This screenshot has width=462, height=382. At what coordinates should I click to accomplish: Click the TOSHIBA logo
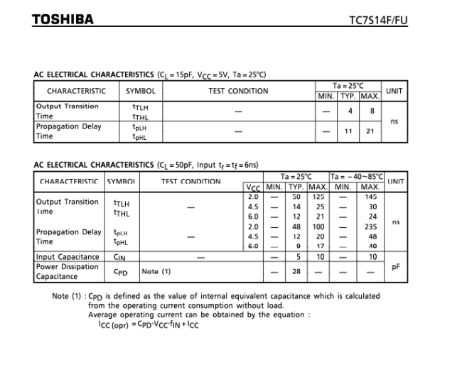click(x=63, y=19)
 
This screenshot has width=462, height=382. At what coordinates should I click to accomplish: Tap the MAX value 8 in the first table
click(x=370, y=111)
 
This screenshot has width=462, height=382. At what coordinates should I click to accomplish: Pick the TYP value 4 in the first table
click(x=349, y=111)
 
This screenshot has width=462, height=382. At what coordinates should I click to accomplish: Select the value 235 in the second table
click(x=371, y=227)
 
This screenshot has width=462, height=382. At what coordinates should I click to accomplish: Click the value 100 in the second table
click(x=319, y=227)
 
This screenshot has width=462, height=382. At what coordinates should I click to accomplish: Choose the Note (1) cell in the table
click(x=156, y=271)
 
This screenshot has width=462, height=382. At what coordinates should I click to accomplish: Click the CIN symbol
click(x=119, y=256)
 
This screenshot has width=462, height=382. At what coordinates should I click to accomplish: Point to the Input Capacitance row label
click(x=68, y=256)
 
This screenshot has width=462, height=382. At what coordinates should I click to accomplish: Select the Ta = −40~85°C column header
click(x=358, y=176)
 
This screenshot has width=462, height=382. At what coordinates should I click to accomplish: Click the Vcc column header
click(x=253, y=187)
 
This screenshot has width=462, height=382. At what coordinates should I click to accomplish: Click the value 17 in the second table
click(x=319, y=246)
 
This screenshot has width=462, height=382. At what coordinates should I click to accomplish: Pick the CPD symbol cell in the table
click(x=120, y=271)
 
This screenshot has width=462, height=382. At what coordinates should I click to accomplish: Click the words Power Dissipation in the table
click(x=68, y=266)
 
